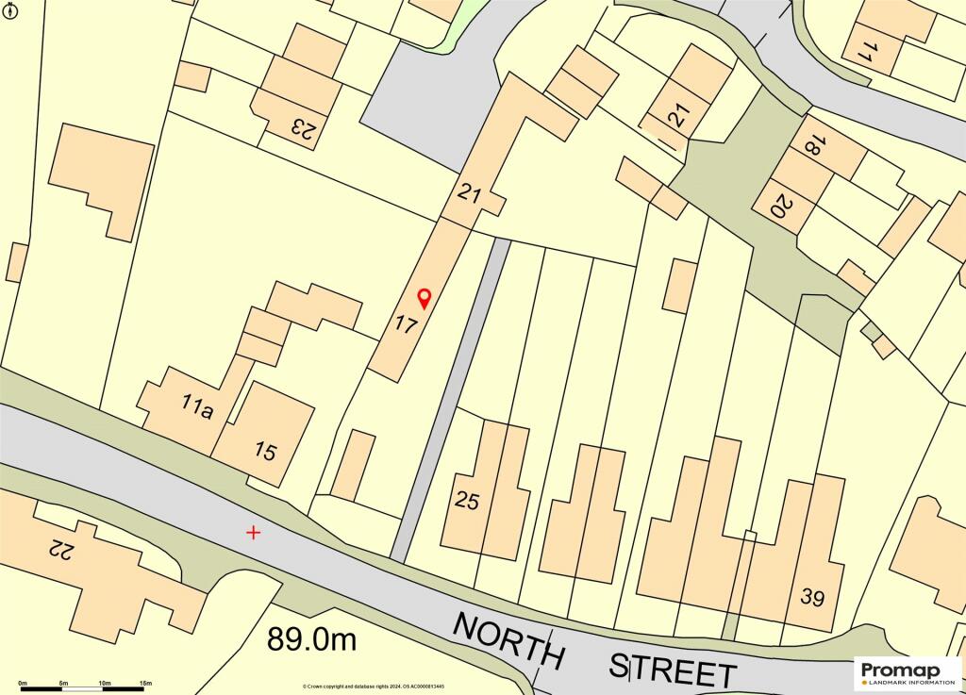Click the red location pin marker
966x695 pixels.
click(424, 298)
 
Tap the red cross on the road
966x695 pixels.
click(253, 533)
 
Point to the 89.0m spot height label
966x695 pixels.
click(312, 640)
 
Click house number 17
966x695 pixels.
click(406, 326)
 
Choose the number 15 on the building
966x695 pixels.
click(266, 452)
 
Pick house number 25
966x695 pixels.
click(468, 501)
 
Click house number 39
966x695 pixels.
click(812, 596)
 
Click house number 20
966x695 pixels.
click(779, 206)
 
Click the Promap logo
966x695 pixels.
click(908, 671)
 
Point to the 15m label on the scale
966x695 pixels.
click(145, 682)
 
